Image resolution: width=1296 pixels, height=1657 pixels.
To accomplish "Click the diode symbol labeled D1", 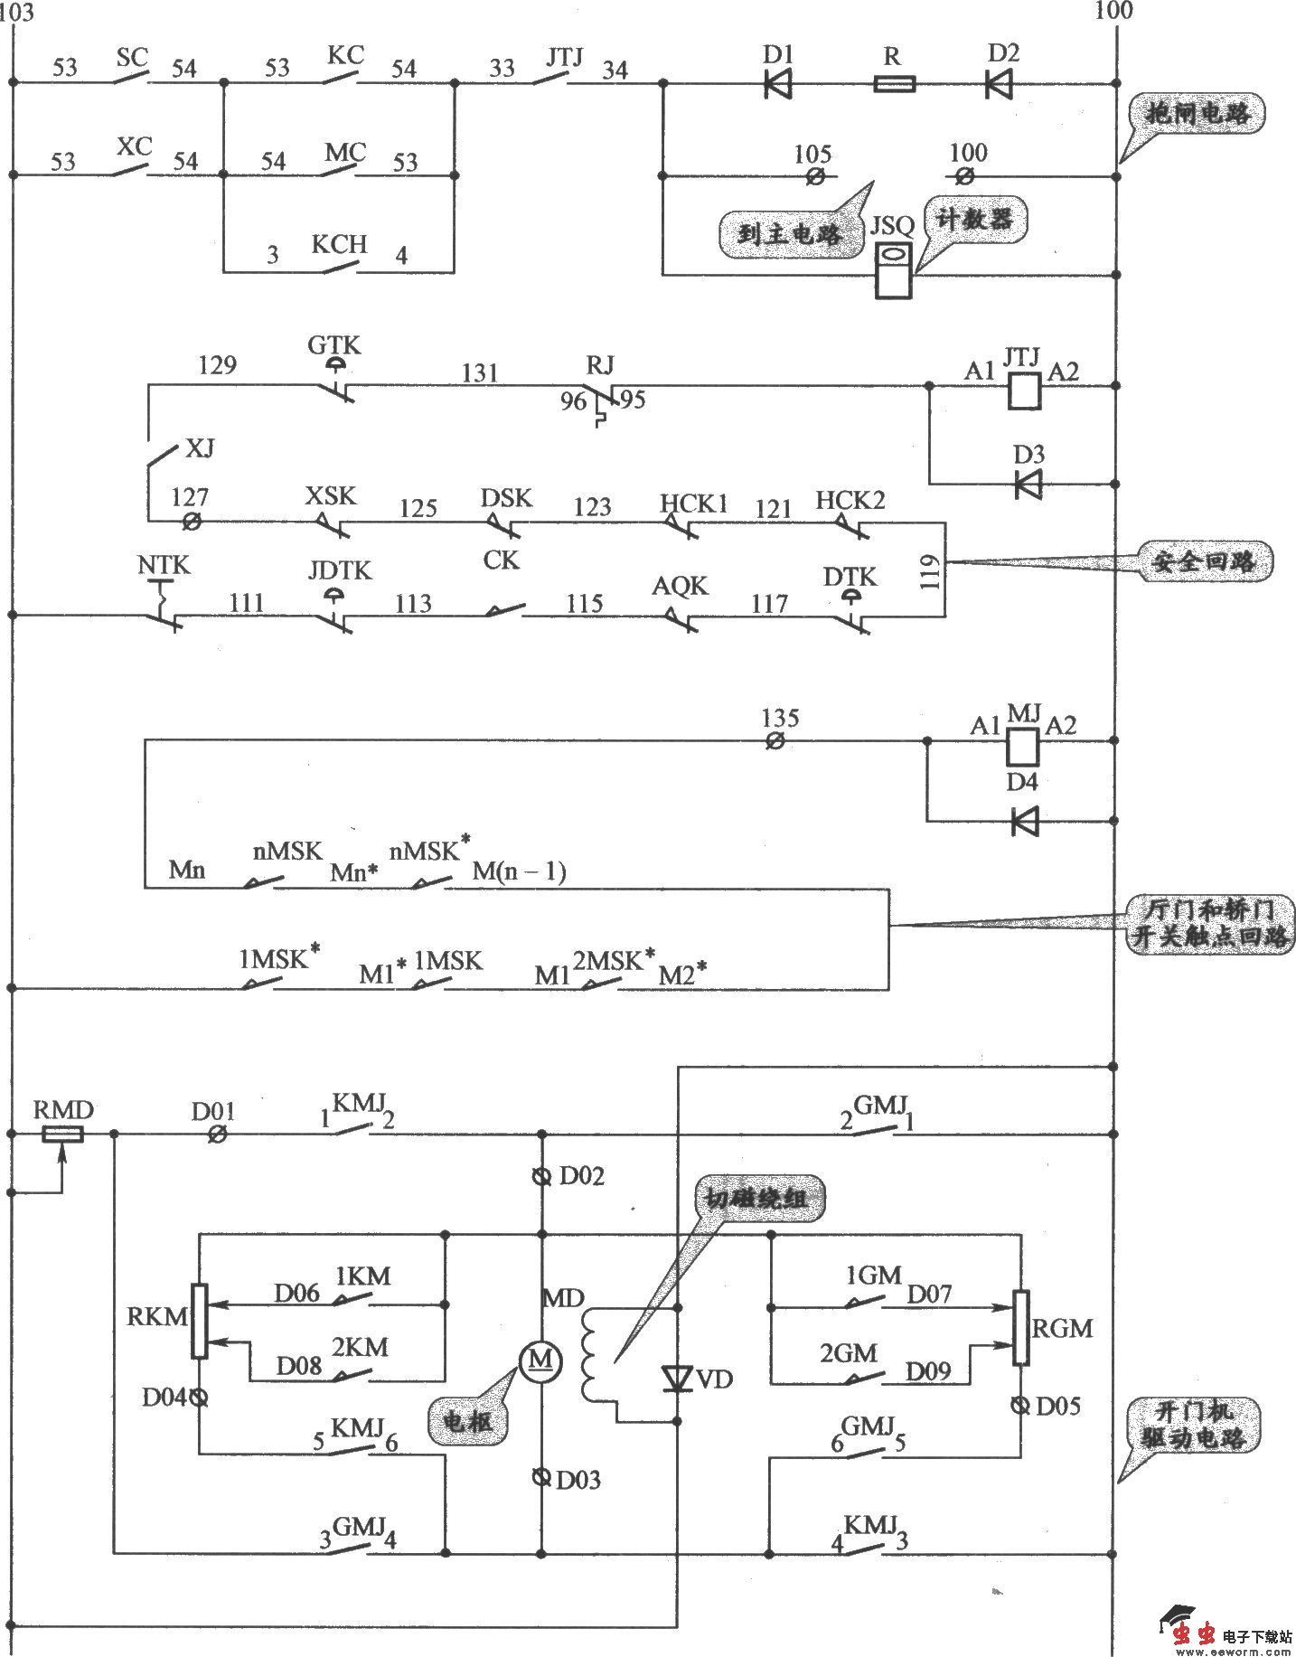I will pos(777,84).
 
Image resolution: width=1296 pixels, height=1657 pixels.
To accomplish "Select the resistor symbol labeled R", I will pos(895,84).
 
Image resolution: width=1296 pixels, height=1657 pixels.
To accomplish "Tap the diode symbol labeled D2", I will pos(999,84).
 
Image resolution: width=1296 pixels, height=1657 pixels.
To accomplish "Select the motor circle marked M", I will pos(540,1359).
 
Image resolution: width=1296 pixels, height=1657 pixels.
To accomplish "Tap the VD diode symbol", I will pos(677,1379).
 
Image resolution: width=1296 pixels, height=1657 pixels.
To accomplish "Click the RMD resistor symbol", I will pos(63,1133).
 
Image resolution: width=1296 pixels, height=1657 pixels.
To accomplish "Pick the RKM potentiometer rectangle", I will pos(200,1321).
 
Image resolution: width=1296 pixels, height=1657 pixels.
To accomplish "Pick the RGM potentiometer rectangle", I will pos(1021,1327).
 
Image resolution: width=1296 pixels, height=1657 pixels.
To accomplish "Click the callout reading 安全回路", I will pos(1203,562).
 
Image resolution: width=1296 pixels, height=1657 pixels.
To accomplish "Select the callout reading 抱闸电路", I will pos(1197,114).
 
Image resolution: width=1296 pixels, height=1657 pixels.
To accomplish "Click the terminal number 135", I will pos(779,719).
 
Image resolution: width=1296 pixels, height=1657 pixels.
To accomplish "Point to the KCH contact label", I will pos(339,245).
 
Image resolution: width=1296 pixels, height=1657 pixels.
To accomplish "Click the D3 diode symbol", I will pos(1028,485).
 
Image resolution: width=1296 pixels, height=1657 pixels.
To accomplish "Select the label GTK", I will pos(333,345).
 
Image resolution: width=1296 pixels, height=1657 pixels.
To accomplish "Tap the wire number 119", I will pos(932,571).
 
